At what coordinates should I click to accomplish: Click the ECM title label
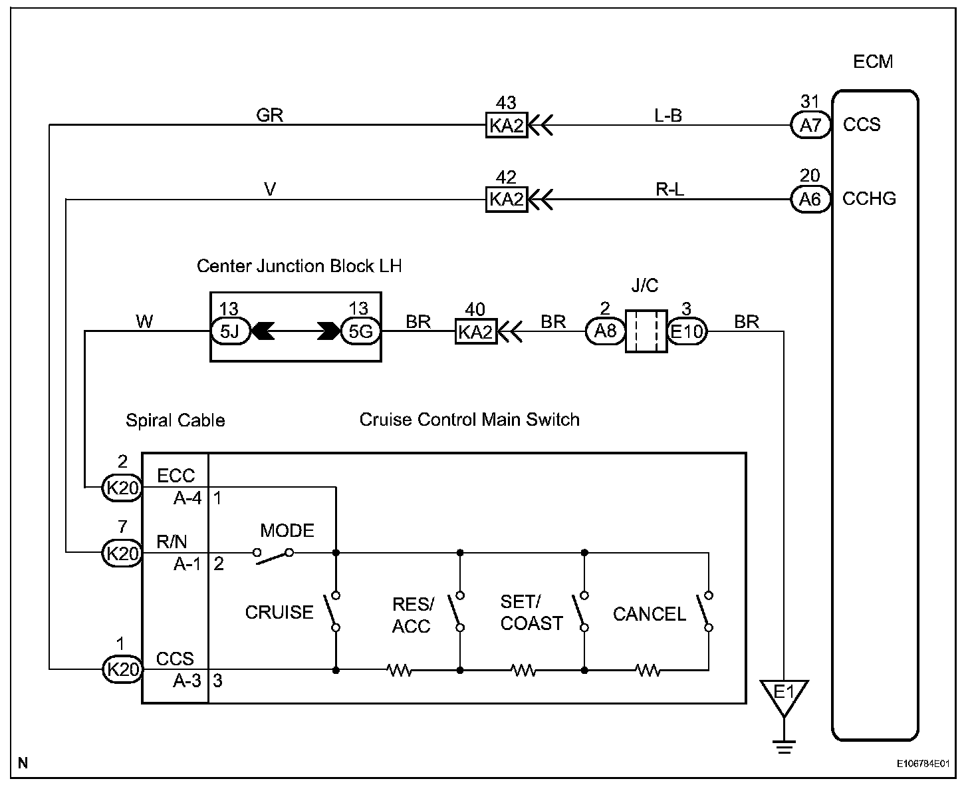click(x=872, y=62)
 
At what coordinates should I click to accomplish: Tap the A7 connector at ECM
click(x=810, y=125)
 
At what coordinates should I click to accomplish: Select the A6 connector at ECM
click(x=810, y=199)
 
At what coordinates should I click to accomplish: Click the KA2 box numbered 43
click(x=507, y=125)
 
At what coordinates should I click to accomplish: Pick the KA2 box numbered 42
click(x=507, y=199)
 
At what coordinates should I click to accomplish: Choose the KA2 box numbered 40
click(x=475, y=331)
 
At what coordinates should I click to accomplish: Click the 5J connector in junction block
click(x=230, y=331)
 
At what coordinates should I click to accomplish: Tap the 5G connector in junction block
click(x=360, y=331)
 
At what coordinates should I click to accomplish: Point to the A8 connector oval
click(x=605, y=331)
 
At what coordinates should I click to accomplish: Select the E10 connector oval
click(x=687, y=331)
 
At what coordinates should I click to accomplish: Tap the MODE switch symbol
click(x=273, y=556)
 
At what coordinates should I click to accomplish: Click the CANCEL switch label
click(x=649, y=614)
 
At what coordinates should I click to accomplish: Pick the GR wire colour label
click(x=270, y=115)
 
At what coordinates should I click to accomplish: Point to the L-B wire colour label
click(x=668, y=115)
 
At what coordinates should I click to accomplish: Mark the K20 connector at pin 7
click(x=122, y=553)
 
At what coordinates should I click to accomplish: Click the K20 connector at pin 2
click(x=122, y=488)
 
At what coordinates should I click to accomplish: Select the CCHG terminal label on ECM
click(x=869, y=199)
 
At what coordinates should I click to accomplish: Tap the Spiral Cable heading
click(x=176, y=420)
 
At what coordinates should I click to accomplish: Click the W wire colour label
click(x=144, y=322)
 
